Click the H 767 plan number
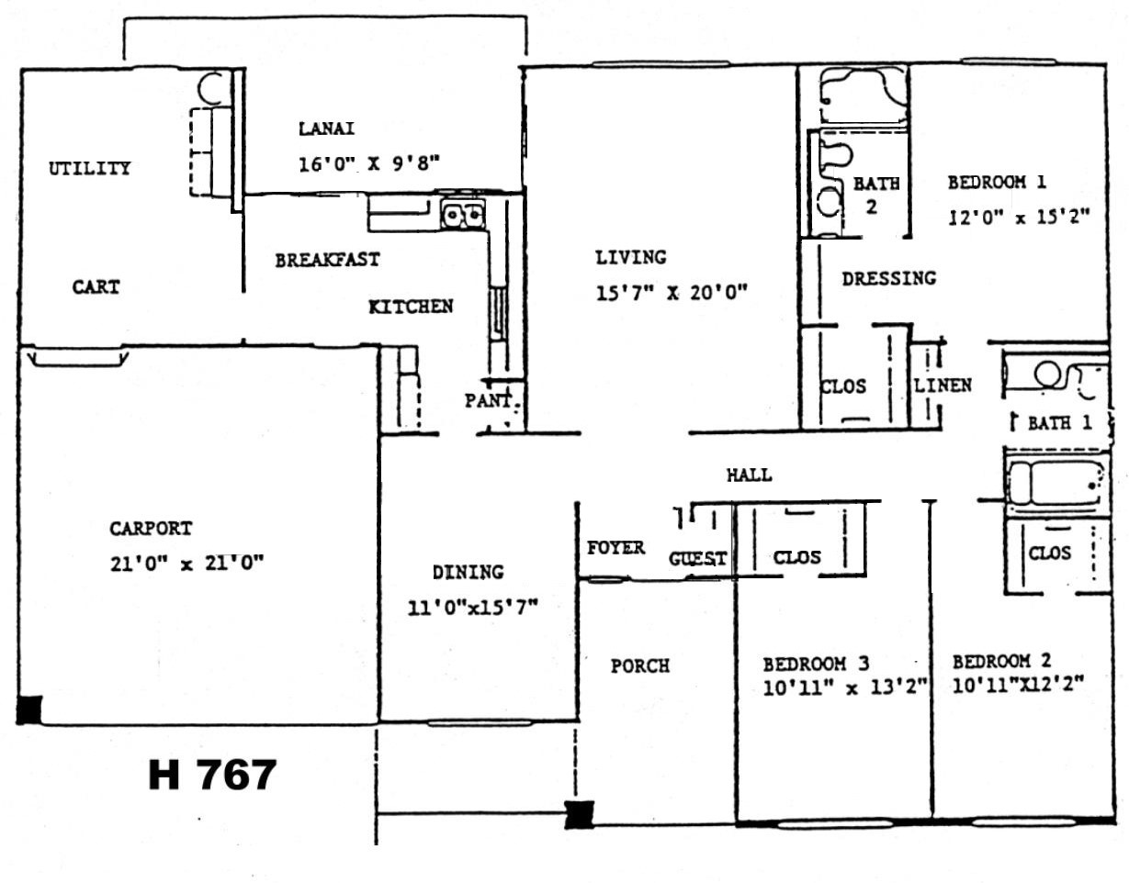point(212,775)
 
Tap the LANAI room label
point(327,129)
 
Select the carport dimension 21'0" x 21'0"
point(186,564)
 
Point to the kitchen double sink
point(463,215)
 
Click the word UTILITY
point(89,168)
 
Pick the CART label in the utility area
point(96,287)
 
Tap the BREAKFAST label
point(327,260)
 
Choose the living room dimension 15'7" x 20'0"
point(672,294)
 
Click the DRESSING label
point(889,279)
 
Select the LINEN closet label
point(943,386)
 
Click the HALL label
point(750,475)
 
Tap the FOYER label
point(616,548)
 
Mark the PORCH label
point(640,666)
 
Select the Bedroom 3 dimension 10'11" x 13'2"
point(845,688)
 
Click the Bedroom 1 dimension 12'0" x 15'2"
point(1019,217)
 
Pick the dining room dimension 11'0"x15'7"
point(472,608)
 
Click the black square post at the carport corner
point(28,710)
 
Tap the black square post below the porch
point(580,814)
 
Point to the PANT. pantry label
point(489,401)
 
